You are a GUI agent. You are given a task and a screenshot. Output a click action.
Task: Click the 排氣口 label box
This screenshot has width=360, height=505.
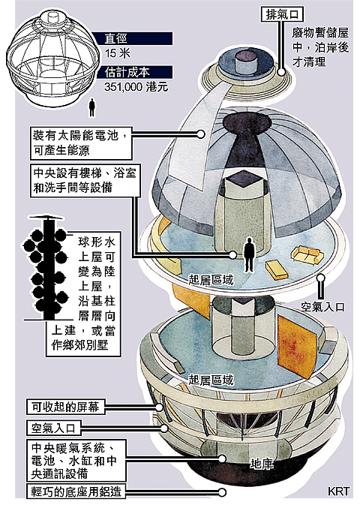(x=282, y=14)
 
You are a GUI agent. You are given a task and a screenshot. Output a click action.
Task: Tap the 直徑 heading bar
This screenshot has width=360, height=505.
(x=138, y=38)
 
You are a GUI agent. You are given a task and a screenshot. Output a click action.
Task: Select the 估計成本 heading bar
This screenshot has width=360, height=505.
(x=138, y=72)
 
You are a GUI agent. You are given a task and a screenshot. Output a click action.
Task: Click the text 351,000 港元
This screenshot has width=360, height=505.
(x=136, y=87)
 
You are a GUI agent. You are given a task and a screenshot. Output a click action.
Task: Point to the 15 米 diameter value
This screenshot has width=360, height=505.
(x=117, y=53)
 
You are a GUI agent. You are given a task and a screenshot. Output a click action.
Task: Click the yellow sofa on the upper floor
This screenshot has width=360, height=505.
(x=307, y=254)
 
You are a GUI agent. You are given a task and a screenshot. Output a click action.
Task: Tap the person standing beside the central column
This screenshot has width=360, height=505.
(x=249, y=254)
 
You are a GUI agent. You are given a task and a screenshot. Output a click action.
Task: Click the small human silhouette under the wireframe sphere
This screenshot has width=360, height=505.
(x=92, y=107)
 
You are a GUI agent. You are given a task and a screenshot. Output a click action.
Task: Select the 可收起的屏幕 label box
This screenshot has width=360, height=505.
(x=65, y=407)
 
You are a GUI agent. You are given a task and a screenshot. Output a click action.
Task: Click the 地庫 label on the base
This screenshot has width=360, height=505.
(x=262, y=464)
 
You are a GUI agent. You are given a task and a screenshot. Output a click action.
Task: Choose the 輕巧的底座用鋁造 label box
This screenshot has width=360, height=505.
(x=75, y=491)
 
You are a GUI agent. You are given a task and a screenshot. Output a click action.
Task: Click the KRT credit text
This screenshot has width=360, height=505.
(x=338, y=491)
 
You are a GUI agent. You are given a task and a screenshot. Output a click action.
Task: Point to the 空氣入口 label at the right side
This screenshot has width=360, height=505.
(x=323, y=307)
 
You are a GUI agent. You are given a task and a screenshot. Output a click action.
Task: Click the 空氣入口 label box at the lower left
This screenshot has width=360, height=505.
(x=53, y=428)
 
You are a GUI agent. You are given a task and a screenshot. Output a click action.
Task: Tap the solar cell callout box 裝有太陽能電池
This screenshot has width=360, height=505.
(x=81, y=143)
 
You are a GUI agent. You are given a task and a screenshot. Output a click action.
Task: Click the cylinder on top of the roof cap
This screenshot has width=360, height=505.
(x=246, y=62)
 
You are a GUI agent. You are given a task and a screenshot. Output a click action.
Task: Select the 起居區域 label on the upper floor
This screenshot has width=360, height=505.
(x=211, y=280)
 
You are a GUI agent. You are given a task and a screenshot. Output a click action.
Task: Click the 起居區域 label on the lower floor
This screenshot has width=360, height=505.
(x=211, y=380)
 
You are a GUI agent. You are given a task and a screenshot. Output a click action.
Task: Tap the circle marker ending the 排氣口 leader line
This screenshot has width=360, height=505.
(x=281, y=72)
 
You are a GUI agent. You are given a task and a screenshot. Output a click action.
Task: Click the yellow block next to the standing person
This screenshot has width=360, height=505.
(x=276, y=269)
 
